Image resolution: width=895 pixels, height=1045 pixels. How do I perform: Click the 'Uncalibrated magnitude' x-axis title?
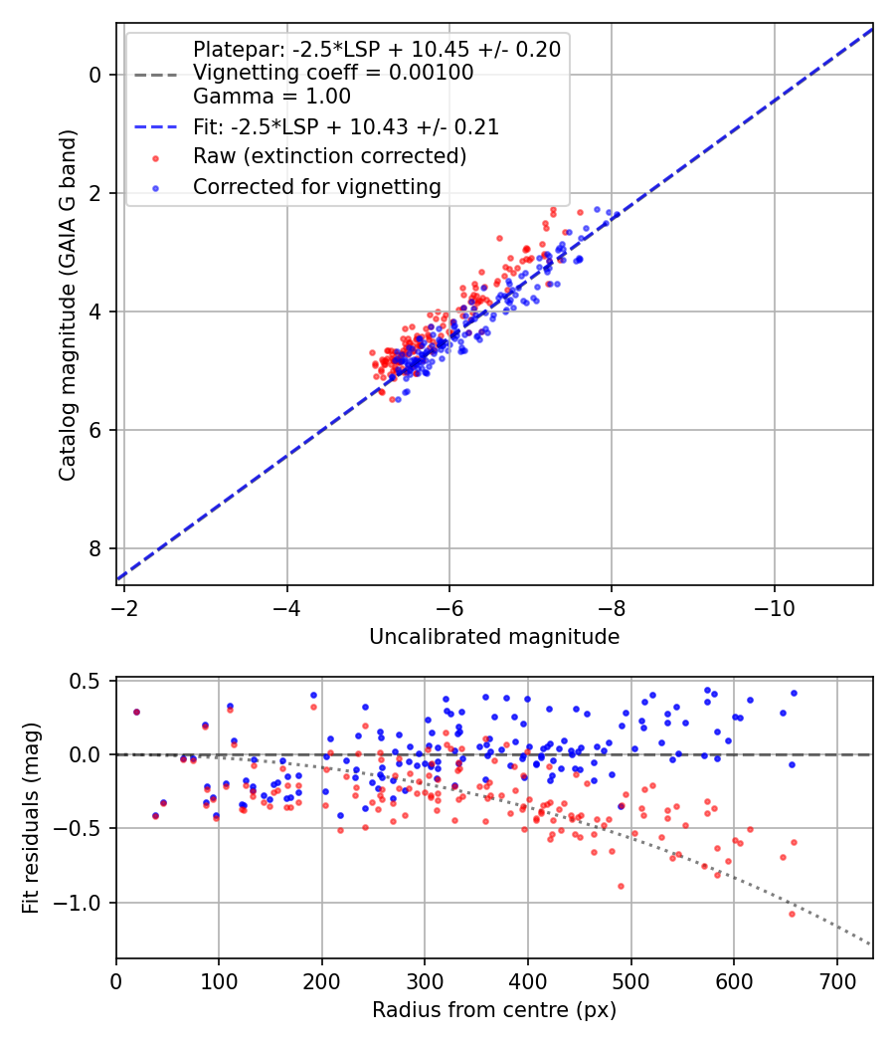[x=494, y=637]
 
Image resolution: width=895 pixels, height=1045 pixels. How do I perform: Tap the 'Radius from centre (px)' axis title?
[x=494, y=1010]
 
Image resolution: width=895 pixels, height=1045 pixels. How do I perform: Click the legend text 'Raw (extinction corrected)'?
[x=330, y=156]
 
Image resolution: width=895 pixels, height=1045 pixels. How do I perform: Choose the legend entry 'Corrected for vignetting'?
[x=317, y=186]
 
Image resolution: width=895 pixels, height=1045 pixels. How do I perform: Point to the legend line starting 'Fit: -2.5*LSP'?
[x=346, y=127]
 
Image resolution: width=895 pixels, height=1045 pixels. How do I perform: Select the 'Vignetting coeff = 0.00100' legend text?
[x=333, y=73]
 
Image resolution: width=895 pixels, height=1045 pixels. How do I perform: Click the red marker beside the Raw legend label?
[x=154, y=157]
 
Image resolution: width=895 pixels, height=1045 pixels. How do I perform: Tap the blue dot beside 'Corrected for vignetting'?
[x=154, y=187]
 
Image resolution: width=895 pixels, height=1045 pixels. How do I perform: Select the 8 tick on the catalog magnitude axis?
[x=95, y=548]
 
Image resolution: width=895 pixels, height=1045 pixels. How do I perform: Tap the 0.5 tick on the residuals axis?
[x=88, y=681]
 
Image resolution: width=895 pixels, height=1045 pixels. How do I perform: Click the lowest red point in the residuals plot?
[x=792, y=914]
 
